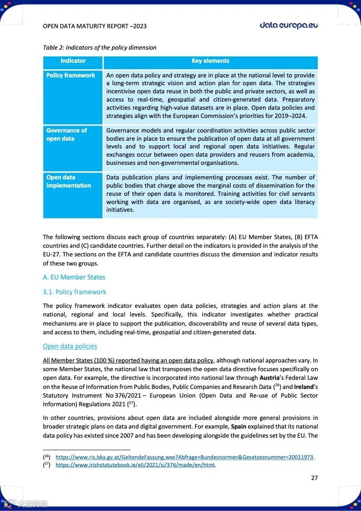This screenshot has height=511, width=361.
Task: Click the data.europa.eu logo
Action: click(289, 25)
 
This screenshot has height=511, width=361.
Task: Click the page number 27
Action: click(315, 478)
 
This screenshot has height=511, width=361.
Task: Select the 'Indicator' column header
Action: click(73, 61)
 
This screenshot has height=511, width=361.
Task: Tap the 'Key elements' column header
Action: click(210, 61)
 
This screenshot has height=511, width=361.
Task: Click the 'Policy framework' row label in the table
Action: click(71, 76)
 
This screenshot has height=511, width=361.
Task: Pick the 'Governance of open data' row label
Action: click(66, 134)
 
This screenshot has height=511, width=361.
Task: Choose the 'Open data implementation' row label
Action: click(68, 181)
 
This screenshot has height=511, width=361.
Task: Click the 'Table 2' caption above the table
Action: click(99, 47)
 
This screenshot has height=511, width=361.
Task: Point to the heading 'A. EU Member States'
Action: click(74, 277)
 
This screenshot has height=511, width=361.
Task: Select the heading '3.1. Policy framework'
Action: click(75, 292)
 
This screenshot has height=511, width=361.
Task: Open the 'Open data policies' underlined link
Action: click(70, 346)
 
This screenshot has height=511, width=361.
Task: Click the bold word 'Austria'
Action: click(271, 378)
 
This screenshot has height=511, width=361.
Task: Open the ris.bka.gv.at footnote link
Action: click(184, 457)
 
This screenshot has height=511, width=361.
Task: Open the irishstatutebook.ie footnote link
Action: click(135, 465)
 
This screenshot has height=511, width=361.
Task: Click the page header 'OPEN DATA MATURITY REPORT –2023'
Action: click(95, 26)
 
